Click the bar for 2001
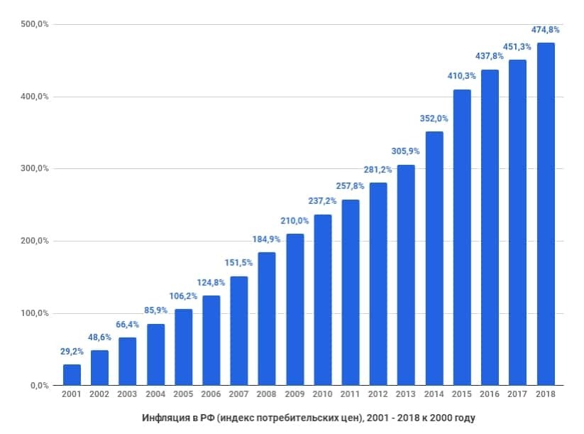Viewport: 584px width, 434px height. pos(72,375)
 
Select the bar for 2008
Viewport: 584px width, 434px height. pos(267,319)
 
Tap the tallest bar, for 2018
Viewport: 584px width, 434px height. pos(546,214)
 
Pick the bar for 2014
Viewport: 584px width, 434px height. pos(434,259)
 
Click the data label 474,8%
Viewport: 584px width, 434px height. pos(545,30)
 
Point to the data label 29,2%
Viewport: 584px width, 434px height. pos(71,352)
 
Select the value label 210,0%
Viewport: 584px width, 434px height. pos(294,221)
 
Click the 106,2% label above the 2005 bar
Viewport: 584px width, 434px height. pos(182,296)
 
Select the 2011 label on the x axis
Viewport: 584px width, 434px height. pos(351,394)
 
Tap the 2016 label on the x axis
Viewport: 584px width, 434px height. pos(490,394)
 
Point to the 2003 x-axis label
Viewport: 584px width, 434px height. pos(127,394)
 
